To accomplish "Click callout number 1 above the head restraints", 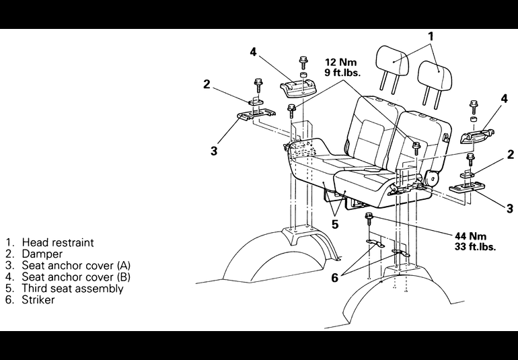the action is (x=431, y=36).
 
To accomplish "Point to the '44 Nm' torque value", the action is (x=470, y=236).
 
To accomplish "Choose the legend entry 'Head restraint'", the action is (x=58, y=242).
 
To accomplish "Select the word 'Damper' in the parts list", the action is (x=42, y=254).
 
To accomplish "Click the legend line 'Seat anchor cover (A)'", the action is (x=76, y=266).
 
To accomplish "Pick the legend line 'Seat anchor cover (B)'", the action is (x=76, y=277).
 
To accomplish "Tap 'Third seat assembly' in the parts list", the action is (x=73, y=288).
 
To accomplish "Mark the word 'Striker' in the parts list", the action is (x=38, y=299).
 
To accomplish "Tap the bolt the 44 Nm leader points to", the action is (x=369, y=217).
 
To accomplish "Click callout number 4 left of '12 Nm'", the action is (x=253, y=52).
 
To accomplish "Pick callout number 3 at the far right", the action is (x=509, y=209).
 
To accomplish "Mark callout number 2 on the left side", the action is (x=207, y=84).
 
